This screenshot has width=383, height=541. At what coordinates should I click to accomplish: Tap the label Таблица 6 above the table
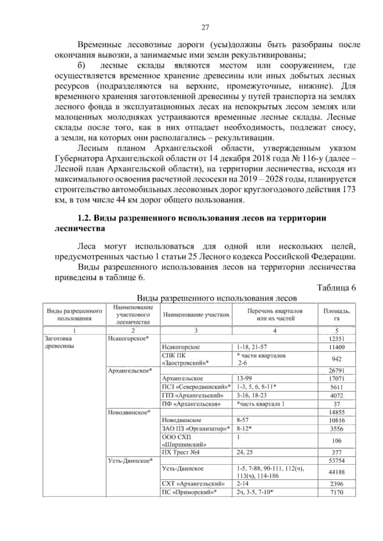[336, 288]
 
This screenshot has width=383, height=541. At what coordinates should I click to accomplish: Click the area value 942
[337, 359]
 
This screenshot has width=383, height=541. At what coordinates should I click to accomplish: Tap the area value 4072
[337, 396]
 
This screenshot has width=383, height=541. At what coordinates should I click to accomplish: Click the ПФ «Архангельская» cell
[191, 404]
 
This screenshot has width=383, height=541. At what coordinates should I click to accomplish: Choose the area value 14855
[337, 412]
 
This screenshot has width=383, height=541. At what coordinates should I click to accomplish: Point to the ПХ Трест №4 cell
[181, 452]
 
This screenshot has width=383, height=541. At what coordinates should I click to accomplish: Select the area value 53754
[337, 461]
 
